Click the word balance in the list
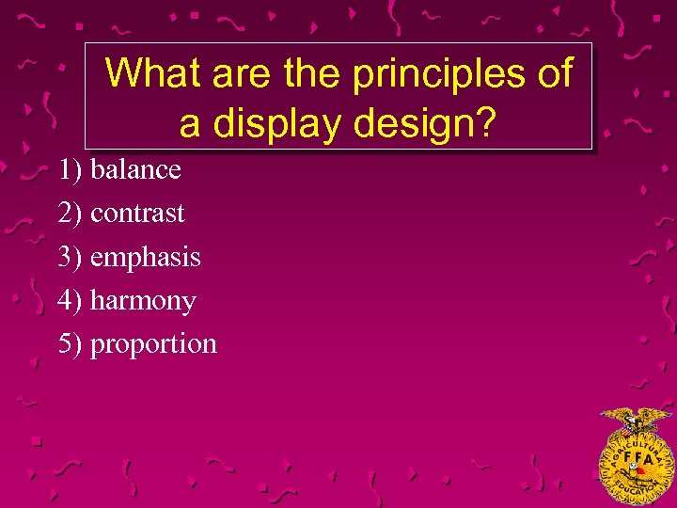click(x=135, y=170)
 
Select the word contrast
click(x=137, y=214)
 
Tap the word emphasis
click(x=146, y=257)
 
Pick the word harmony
click(x=143, y=301)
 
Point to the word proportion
click(x=153, y=344)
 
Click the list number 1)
click(x=71, y=170)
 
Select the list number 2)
click(x=71, y=214)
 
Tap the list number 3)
click(x=71, y=257)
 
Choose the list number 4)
click(x=71, y=301)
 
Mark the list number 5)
click(x=71, y=344)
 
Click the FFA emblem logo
click(x=637, y=456)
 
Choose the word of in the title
click(x=554, y=73)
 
